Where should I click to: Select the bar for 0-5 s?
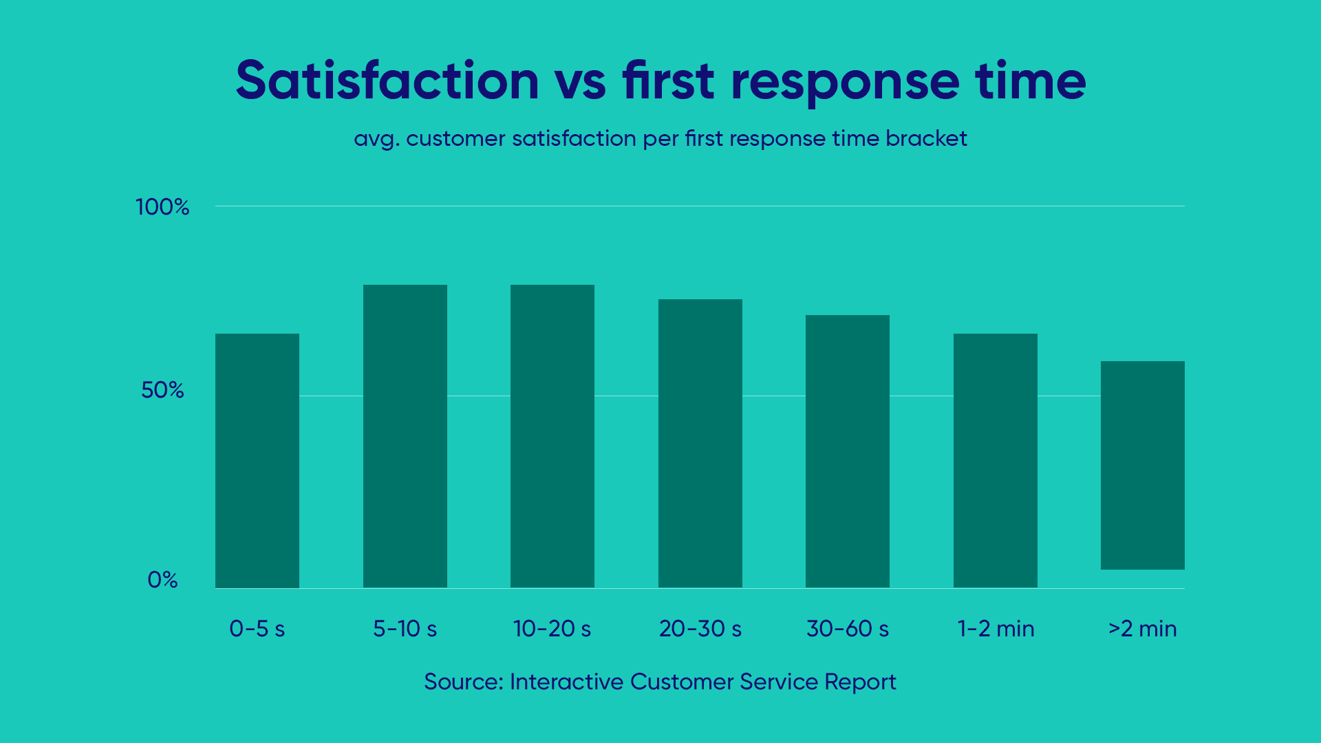pyautogui.click(x=257, y=460)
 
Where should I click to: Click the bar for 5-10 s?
pyautogui.click(x=405, y=436)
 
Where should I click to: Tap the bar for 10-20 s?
pyautogui.click(x=552, y=436)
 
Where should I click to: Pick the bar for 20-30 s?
pyautogui.click(x=700, y=443)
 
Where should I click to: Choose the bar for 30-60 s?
pyautogui.click(x=848, y=451)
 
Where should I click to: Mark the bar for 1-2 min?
pyautogui.click(x=996, y=460)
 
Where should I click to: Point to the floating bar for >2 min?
pyautogui.click(x=1143, y=465)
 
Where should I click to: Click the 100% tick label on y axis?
pyautogui.click(x=162, y=207)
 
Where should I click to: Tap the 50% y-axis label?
pyautogui.click(x=162, y=390)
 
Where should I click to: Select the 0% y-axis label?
pyautogui.click(x=162, y=580)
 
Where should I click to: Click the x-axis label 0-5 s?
pyautogui.click(x=257, y=629)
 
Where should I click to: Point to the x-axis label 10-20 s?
pyautogui.click(x=552, y=629)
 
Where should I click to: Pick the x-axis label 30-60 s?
pyautogui.click(x=848, y=629)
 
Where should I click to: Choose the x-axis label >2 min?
pyautogui.click(x=1143, y=629)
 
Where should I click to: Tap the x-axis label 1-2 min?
pyautogui.click(x=996, y=629)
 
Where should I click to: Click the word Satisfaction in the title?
pyautogui.click(x=387, y=81)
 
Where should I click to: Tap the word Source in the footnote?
pyautogui.click(x=463, y=682)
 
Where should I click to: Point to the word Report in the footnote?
pyautogui.click(x=860, y=682)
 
